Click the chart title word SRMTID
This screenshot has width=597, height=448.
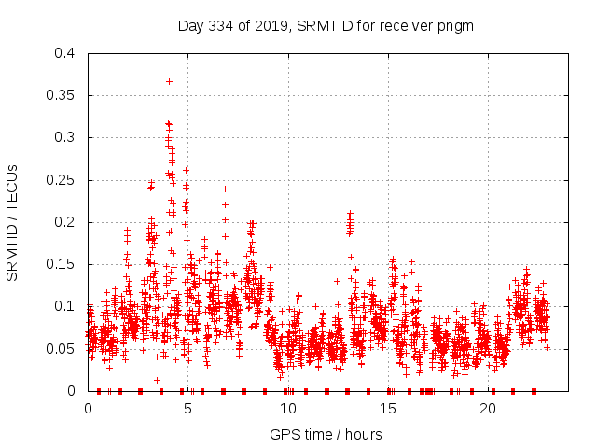pyautogui.click(x=321, y=26)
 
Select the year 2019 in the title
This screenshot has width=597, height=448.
pyautogui.click(x=271, y=26)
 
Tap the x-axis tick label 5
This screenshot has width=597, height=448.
pyautogui.click(x=188, y=408)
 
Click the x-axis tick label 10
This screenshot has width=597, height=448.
pyautogui.click(x=288, y=408)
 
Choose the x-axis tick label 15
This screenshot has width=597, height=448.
pyautogui.click(x=388, y=408)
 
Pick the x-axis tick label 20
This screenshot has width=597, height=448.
pyautogui.click(x=488, y=408)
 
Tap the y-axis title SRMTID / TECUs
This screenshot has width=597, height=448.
pyautogui.click(x=12, y=222)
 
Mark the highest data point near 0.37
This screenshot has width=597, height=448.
pyautogui.click(x=169, y=81)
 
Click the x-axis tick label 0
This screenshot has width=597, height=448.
pyautogui.click(x=89, y=408)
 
